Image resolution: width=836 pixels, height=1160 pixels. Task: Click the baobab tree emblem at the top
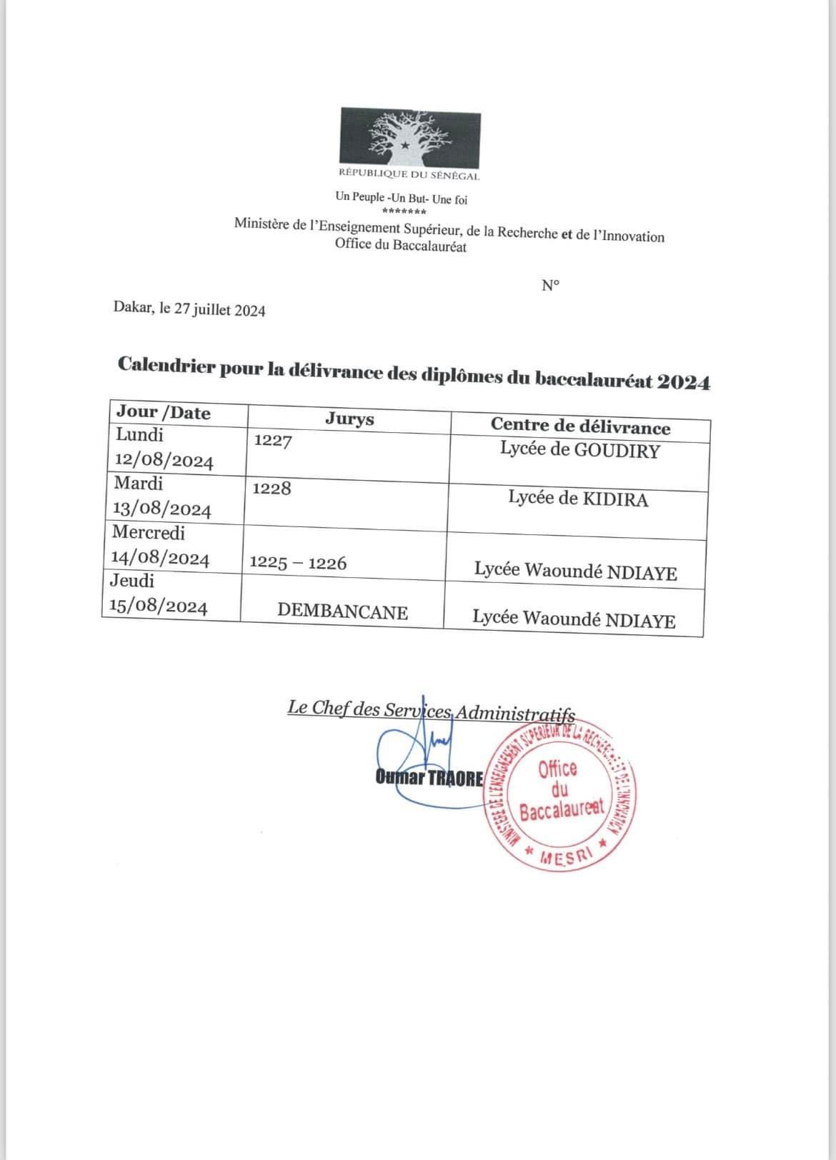tap(409, 136)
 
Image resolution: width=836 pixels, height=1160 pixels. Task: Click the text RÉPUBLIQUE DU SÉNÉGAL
tap(409, 175)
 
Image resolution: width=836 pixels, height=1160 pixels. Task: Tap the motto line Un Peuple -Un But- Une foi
tap(401, 199)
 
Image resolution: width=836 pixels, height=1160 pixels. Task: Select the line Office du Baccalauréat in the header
tap(400, 246)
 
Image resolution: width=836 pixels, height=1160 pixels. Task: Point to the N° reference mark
tap(550, 286)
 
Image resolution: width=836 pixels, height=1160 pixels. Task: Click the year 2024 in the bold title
tap(684, 383)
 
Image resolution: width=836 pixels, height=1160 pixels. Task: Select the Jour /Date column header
tap(164, 413)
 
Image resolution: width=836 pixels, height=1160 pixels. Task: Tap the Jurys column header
tap(349, 419)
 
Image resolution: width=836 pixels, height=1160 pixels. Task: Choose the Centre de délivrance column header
tap(580, 426)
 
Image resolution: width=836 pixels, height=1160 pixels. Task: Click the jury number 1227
tap(273, 441)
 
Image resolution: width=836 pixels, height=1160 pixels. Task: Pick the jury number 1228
tap(272, 489)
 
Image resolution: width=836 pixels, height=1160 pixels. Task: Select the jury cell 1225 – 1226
tap(298, 563)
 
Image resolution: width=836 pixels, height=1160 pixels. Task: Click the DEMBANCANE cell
tap(342, 612)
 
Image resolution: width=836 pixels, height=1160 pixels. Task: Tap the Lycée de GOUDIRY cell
tap(579, 451)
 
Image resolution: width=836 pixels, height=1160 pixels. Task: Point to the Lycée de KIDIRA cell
tap(578, 499)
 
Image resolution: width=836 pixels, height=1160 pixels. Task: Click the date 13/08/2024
tap(162, 510)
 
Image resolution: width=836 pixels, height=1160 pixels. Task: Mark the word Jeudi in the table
tap(132, 581)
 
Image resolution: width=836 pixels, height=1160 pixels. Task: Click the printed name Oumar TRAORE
tap(429, 778)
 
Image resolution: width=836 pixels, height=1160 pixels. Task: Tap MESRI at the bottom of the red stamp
tap(565, 857)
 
